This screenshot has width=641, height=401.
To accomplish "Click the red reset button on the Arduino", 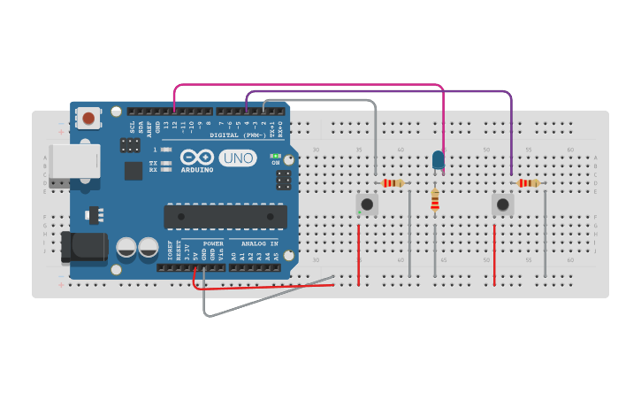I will (88, 117).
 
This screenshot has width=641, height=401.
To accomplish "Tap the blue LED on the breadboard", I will (439, 159).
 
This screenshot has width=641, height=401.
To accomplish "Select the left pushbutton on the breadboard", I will (366, 204).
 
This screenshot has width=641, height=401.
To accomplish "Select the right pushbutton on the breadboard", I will (502, 204).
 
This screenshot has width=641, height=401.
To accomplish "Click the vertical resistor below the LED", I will (434, 201).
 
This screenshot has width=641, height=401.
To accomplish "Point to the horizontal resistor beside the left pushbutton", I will (393, 183).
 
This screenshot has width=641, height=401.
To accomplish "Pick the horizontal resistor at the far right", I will (529, 183).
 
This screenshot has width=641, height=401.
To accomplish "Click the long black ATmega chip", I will (225, 217).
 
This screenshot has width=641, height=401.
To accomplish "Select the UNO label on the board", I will (237, 158).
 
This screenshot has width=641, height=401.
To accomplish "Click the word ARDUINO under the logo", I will (196, 169).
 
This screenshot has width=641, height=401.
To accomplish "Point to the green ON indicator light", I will (275, 156).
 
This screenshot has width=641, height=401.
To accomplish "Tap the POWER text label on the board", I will (213, 243).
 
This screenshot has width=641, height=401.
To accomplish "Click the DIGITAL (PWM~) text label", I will (238, 135).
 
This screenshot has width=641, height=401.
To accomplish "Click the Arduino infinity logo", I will (195, 157).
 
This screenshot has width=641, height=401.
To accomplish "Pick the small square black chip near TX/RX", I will (134, 171).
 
